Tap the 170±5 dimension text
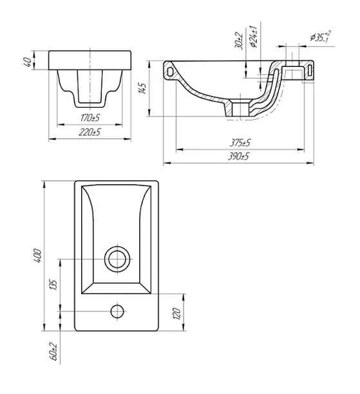(90, 118)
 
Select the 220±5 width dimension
(90, 132)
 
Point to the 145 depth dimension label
(142, 88)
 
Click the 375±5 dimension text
(240, 143)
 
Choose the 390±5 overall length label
(238, 156)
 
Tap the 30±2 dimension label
(240, 41)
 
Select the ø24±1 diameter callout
(253, 37)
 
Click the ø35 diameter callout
(321, 37)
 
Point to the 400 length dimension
(37, 256)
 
